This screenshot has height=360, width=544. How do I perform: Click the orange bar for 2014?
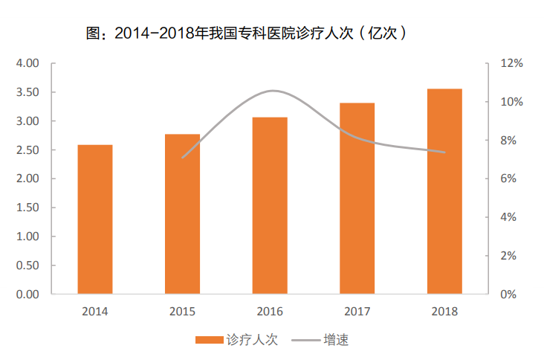click(x=95, y=219)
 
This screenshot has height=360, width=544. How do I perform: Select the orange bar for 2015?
click(x=182, y=214)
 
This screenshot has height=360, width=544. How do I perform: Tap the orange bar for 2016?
click(x=270, y=205)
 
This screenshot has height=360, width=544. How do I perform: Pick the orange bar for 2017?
click(x=357, y=198)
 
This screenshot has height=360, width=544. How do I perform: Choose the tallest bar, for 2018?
click(x=444, y=191)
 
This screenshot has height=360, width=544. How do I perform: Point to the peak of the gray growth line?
click(x=273, y=91)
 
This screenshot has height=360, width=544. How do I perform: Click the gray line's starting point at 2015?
click(x=182, y=158)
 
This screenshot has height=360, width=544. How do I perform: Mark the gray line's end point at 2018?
click(x=444, y=152)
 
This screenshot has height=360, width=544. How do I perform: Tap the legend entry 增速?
click(x=336, y=340)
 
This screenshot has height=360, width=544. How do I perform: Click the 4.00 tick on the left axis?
click(x=27, y=64)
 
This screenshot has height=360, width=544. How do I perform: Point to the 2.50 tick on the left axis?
click(x=27, y=150)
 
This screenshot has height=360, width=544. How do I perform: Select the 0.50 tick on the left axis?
click(x=27, y=266)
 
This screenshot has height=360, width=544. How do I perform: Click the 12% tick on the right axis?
click(x=513, y=64)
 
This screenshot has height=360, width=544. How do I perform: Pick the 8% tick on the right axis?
click(x=513, y=141)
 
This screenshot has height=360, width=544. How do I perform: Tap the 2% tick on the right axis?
click(x=513, y=256)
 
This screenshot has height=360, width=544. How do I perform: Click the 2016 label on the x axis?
click(x=270, y=312)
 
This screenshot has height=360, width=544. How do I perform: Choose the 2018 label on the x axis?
click(x=444, y=312)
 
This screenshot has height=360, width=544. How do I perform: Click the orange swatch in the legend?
click(x=210, y=340)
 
